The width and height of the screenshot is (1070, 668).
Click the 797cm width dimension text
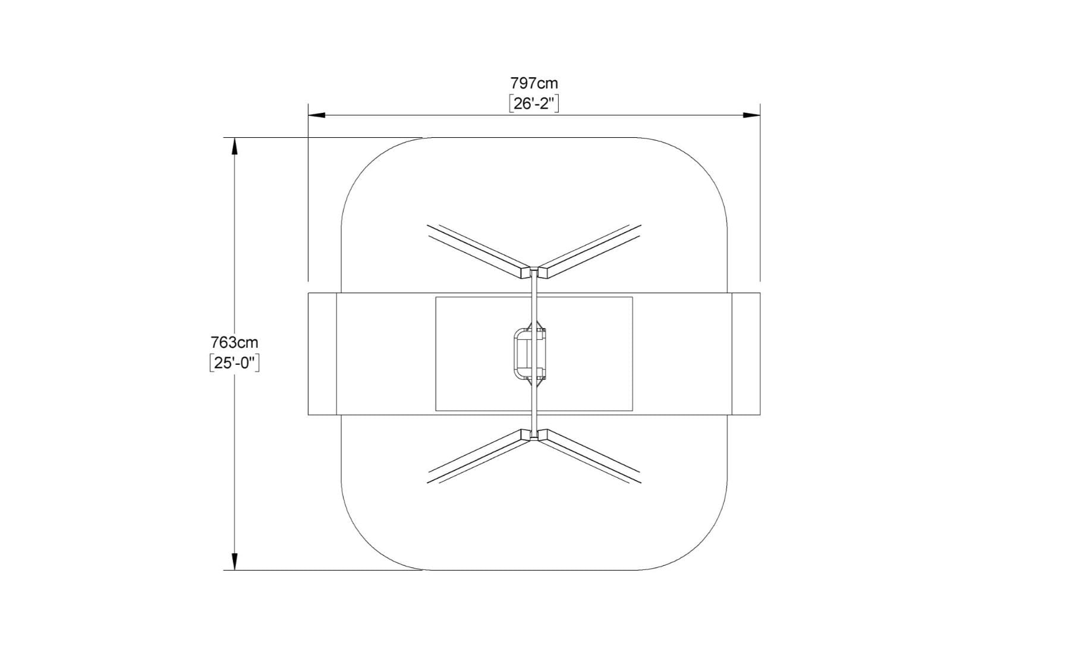coord(534,83)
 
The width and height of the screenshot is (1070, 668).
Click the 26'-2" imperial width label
coord(534,103)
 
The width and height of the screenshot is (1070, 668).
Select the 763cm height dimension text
coord(234,342)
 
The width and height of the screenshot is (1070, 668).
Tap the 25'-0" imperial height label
coord(234,363)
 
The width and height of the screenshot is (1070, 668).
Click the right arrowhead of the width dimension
coord(752,115)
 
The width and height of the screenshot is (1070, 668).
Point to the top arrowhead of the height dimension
coord(234,146)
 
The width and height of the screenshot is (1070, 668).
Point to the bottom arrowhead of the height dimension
coord(234,562)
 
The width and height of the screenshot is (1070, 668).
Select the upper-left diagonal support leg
coord(479,251)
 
